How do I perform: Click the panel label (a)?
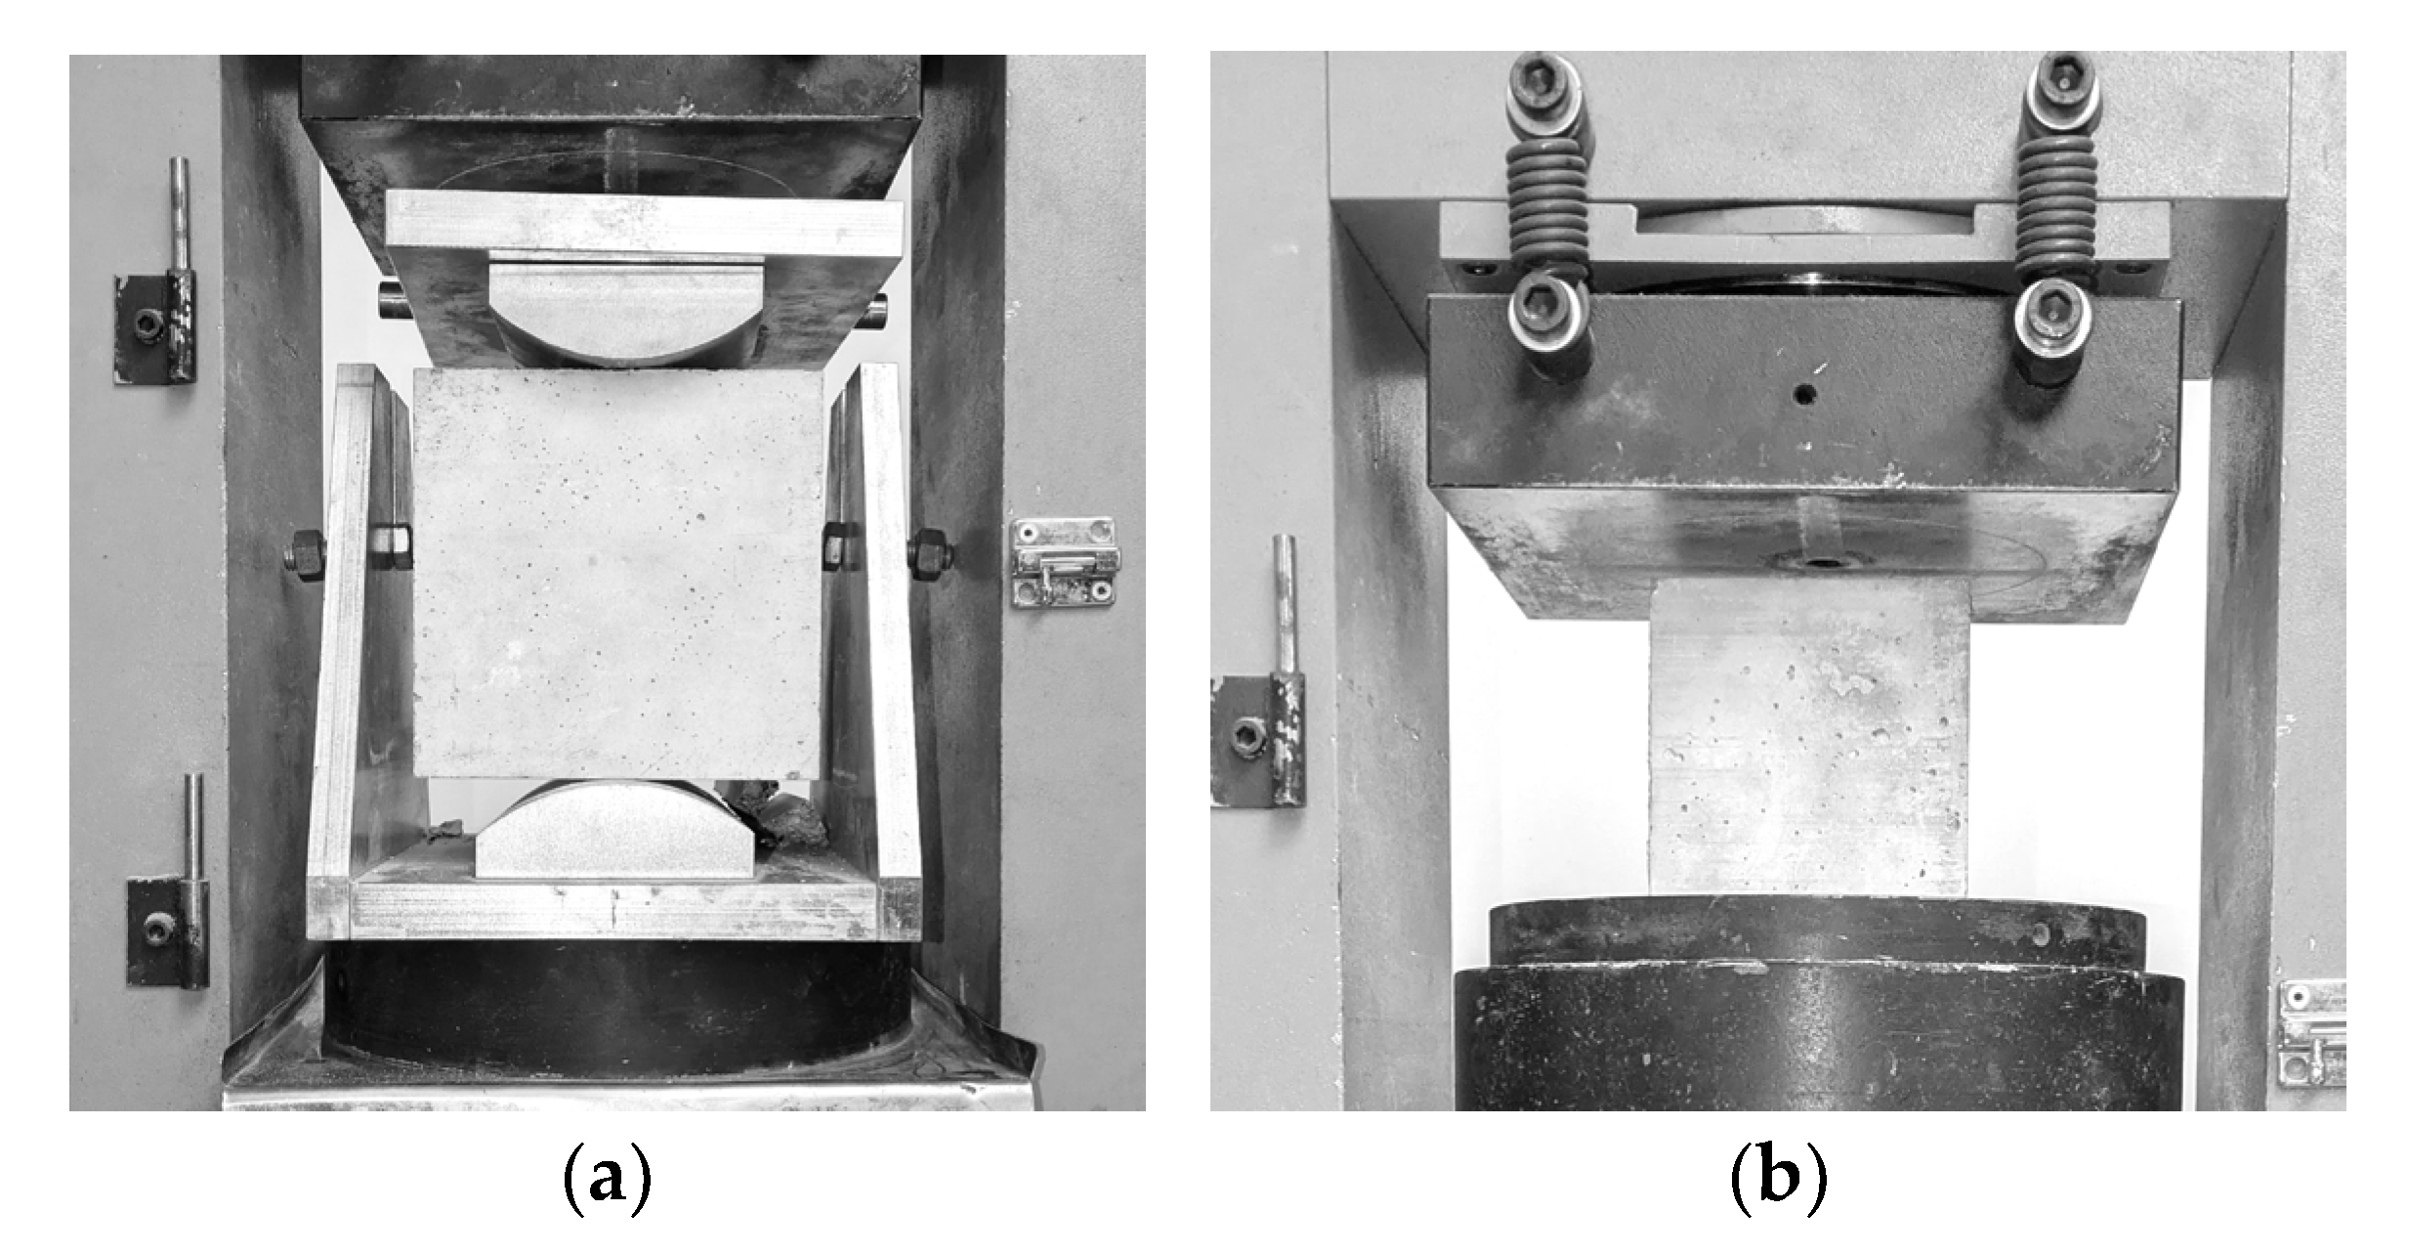pyautogui.click(x=607, y=1180)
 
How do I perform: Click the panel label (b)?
pyautogui.click(x=1778, y=1180)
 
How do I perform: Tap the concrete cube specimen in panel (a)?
pyautogui.click(x=617, y=574)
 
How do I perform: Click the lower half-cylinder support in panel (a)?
pyautogui.click(x=614, y=829)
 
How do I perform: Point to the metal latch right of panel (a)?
pyautogui.click(x=1064, y=562)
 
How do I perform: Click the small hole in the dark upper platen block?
pyautogui.click(x=1804, y=395)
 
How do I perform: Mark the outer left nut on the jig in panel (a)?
pyautogui.click(x=306, y=556)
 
